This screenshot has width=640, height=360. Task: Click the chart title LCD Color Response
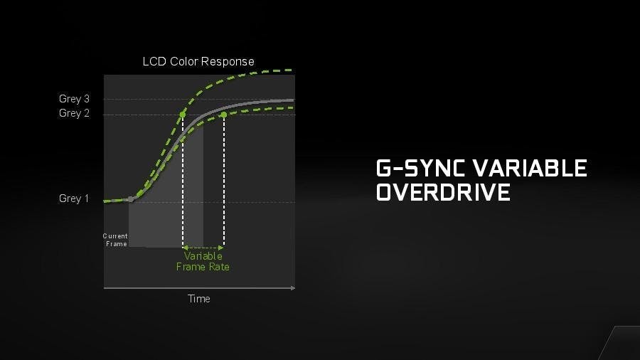pyautogui.click(x=198, y=62)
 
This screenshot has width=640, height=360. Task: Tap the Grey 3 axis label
pyautogui.click(x=74, y=99)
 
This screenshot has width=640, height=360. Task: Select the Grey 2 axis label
pyautogui.click(x=74, y=113)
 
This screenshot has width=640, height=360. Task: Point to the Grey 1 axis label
pyautogui.click(x=74, y=198)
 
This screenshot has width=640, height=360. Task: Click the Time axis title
pyautogui.click(x=199, y=299)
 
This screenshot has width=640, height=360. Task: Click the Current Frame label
pyautogui.click(x=115, y=240)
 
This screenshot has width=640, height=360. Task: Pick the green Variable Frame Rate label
pyautogui.click(x=203, y=262)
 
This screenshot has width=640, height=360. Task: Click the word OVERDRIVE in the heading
pyautogui.click(x=443, y=192)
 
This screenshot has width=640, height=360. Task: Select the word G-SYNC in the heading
pyautogui.click(x=420, y=168)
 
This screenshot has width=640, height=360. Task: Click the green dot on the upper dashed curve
pyautogui.click(x=183, y=115)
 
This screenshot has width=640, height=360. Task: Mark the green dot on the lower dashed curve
pyautogui.click(x=224, y=115)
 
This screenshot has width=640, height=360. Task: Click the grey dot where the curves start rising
pyautogui.click(x=131, y=199)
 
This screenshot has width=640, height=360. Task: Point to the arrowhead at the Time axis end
pyautogui.click(x=293, y=288)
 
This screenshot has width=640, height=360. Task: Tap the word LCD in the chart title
pyautogui.click(x=155, y=62)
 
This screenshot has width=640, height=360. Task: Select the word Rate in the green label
pyautogui.click(x=219, y=267)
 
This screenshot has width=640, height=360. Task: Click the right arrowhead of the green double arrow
pyautogui.click(x=221, y=248)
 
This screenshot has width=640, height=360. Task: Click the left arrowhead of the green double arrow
pyautogui.click(x=186, y=248)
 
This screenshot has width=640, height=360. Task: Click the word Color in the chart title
pyautogui.click(x=184, y=62)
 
